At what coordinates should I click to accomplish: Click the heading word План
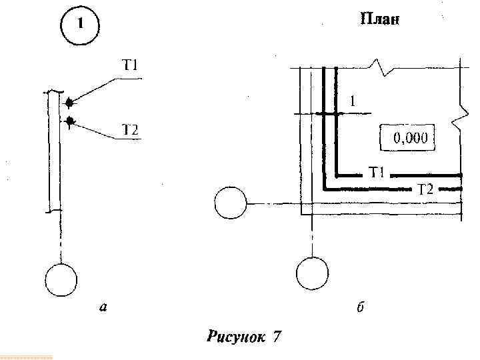[x=379, y=19]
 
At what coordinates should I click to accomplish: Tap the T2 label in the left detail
[x=129, y=130]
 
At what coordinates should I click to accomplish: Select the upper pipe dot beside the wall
[x=69, y=103]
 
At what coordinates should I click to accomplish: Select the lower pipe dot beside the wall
[x=69, y=121]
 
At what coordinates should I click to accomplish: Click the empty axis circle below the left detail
[x=61, y=279]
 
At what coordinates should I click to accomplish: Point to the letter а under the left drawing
[x=103, y=307]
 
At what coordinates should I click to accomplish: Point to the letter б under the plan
[x=360, y=307]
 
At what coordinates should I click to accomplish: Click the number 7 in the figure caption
[x=276, y=337]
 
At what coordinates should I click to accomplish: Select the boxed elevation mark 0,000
[x=408, y=139]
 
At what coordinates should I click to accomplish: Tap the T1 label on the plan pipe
[x=377, y=174]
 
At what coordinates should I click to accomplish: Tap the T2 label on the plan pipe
[x=425, y=189]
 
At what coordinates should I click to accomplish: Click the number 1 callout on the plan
[x=353, y=101]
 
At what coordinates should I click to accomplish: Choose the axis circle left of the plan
[x=231, y=202]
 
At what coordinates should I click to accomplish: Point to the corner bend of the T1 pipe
[x=337, y=175]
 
